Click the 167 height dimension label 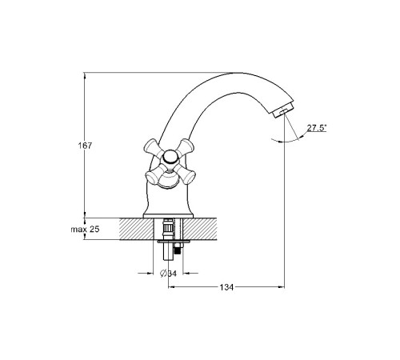click(x=85, y=146)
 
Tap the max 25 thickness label click(x=85, y=229)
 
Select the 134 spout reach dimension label click(x=226, y=287)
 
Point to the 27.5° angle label click(x=317, y=128)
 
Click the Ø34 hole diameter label click(x=168, y=273)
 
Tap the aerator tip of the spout click(x=282, y=110)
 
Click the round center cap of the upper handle click(x=170, y=157)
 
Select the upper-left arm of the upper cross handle click(x=153, y=147)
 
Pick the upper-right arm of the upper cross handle click(x=186, y=147)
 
